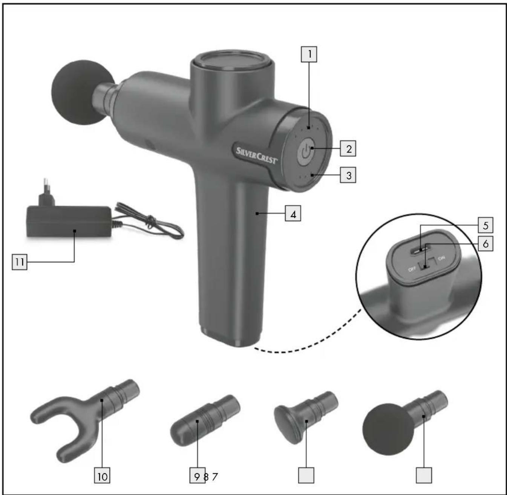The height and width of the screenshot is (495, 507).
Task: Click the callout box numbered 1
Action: [309, 54]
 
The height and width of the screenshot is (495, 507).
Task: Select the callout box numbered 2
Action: [348, 148]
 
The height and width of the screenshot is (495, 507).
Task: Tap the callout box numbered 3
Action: [348, 175]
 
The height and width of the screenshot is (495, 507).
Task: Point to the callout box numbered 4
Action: [293, 213]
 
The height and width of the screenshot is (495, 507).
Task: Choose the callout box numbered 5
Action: [486, 225]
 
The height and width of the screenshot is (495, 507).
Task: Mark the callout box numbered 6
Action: [486, 243]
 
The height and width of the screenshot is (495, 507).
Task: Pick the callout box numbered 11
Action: [20, 262]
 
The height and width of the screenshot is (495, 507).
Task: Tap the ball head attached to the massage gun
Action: [83, 92]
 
